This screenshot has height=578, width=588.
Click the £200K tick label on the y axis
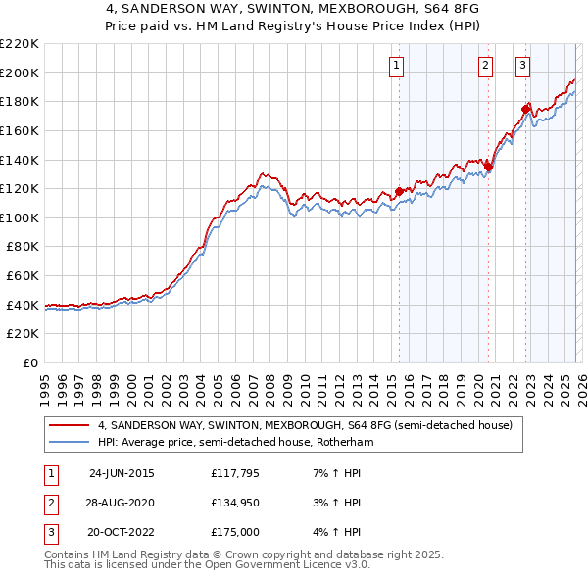tap(20, 72)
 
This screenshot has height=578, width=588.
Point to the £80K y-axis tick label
tap(23, 247)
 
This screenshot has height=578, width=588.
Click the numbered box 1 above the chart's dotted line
tap(397, 66)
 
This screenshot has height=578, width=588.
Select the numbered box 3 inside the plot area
tap(523, 66)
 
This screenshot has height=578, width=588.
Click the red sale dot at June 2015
tap(399, 191)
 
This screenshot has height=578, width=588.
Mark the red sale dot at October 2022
tap(525, 108)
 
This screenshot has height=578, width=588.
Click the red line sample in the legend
tap(70, 426)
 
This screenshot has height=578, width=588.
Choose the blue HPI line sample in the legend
tap(70, 443)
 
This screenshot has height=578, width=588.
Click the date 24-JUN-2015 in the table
tap(122, 472)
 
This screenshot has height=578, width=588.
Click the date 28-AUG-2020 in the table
tap(122, 503)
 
